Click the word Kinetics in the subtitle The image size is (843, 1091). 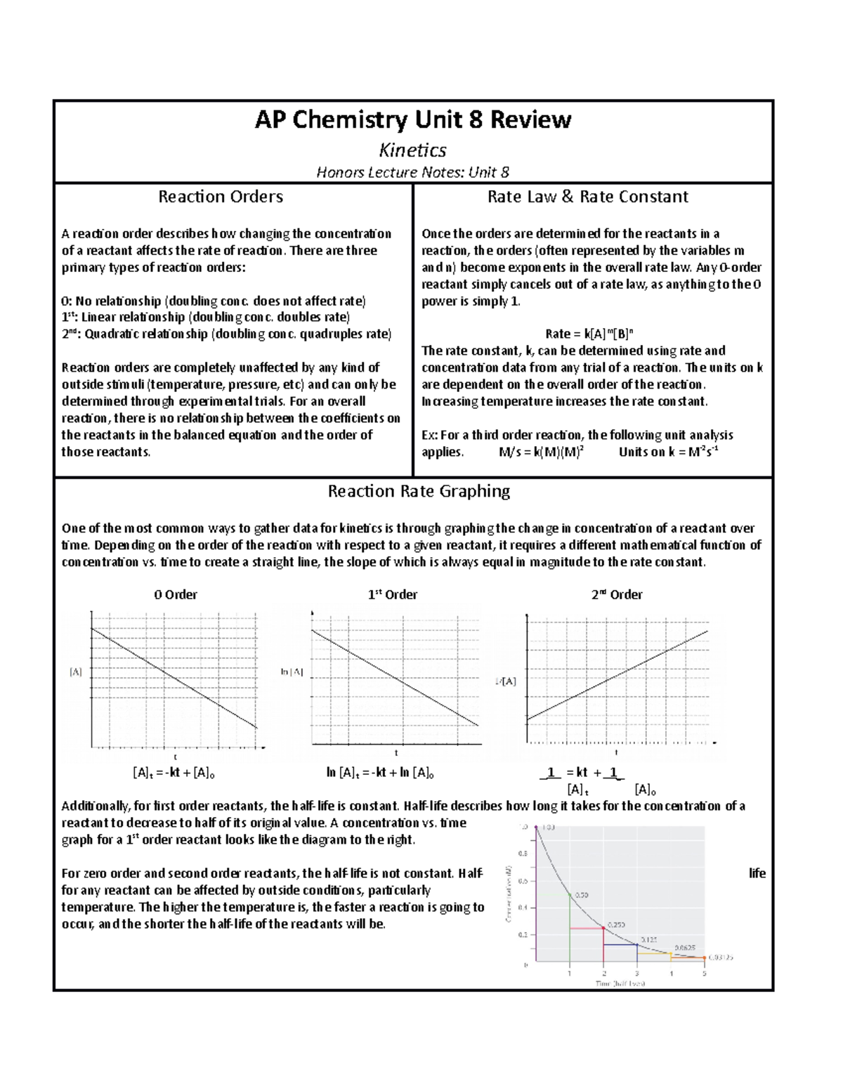click(x=412, y=150)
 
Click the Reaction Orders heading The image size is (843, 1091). click(x=221, y=197)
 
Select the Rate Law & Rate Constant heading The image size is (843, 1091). click(x=587, y=197)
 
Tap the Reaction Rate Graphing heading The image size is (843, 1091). click(x=419, y=491)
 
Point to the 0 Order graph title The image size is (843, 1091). click(x=176, y=594)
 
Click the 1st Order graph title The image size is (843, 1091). click(x=393, y=594)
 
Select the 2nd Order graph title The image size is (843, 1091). click(x=617, y=594)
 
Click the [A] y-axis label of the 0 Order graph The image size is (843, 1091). click(x=75, y=672)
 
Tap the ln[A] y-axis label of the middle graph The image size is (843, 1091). click(x=292, y=672)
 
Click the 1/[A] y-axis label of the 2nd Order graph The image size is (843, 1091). click(x=505, y=681)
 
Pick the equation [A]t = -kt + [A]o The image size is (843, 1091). click(x=174, y=773)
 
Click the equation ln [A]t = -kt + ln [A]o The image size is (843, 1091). click(x=380, y=773)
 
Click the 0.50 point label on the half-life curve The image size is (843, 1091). click(x=582, y=895)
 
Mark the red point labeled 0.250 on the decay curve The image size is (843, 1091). click(x=603, y=929)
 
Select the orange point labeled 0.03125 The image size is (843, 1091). click(x=705, y=958)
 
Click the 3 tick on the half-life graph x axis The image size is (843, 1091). click(x=637, y=974)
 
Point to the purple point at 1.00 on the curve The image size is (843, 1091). click(x=536, y=828)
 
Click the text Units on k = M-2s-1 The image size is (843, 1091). click(x=668, y=452)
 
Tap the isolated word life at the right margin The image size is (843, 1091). click(x=757, y=873)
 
